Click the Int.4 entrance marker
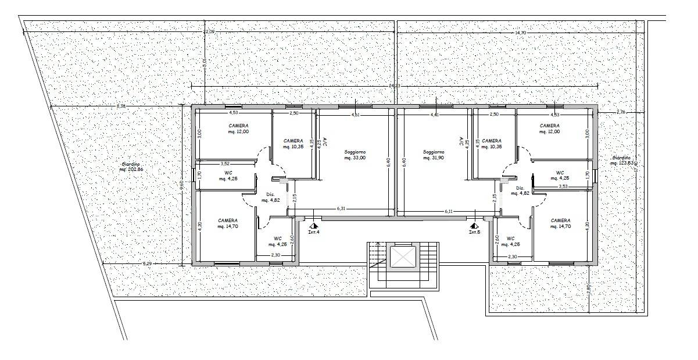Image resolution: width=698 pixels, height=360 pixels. tap(313, 228)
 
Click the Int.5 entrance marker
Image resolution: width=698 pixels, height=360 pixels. tap(475, 228)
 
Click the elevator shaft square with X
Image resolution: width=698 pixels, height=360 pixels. tap(402, 256)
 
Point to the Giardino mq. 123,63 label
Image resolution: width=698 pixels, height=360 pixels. tap(621, 161)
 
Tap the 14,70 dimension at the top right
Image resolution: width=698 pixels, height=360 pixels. tap(520, 33)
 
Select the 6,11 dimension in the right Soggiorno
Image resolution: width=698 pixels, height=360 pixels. tap(449, 211)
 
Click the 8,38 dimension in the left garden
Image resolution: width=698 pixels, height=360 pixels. tap(121, 106)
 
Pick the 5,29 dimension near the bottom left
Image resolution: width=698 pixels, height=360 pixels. tap(146, 264)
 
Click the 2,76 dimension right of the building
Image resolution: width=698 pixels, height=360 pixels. tap(621, 112)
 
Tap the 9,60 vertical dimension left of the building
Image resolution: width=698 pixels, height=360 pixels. tap(182, 186)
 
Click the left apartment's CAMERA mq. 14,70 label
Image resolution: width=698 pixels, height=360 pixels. tap(227, 223)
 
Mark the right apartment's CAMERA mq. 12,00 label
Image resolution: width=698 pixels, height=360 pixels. tap(550, 129)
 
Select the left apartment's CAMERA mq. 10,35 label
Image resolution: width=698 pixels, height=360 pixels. tap(293, 144)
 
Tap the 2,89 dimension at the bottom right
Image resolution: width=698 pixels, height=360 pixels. tap(589, 288)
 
